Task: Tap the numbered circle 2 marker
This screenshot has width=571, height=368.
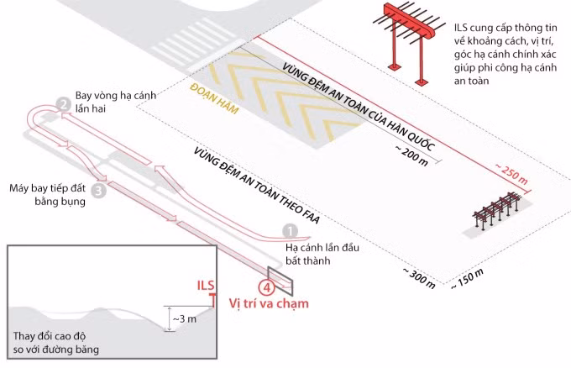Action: coord(62,104)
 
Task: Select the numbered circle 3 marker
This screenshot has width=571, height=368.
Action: coord(98,191)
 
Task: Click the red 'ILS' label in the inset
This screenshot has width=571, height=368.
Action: coord(206,286)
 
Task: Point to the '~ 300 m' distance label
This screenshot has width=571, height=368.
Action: coord(419,277)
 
